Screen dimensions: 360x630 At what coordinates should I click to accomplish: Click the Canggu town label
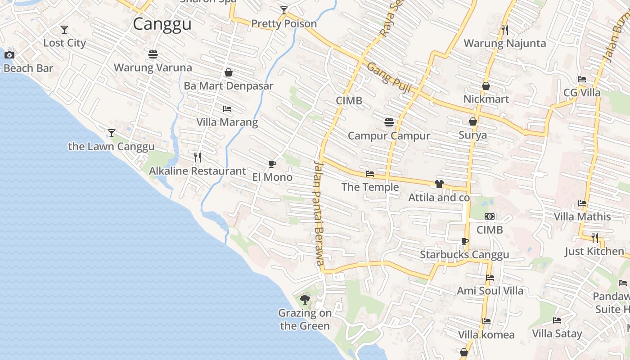coord(162,24)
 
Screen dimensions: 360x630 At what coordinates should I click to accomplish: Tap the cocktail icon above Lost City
coord(64,30)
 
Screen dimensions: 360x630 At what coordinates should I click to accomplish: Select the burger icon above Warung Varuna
coord(153,54)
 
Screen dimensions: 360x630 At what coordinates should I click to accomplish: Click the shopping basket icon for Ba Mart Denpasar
coord(229,72)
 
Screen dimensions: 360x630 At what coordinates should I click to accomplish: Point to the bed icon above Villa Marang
coord(227,109)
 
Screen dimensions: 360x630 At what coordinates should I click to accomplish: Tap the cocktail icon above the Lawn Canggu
coord(112,133)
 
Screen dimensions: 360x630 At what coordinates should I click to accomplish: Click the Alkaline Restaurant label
coord(198,171)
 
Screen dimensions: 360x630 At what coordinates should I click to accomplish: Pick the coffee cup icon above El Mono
coord(272,164)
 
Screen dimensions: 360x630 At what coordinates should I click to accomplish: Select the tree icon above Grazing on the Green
coord(305,299)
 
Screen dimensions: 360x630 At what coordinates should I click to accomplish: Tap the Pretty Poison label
coord(284,23)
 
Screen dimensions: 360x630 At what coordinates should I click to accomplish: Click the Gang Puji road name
coord(390,78)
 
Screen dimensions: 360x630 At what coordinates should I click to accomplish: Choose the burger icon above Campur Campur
coord(389,122)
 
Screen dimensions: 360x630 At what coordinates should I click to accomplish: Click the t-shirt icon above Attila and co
coord(439,184)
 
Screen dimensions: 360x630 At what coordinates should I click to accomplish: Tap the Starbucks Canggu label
coord(464,255)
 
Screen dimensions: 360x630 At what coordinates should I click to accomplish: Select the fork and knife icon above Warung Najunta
coord(505,30)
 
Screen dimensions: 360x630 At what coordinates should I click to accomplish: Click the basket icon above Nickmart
coord(486,86)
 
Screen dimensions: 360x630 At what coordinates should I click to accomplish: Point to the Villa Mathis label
coord(582,216)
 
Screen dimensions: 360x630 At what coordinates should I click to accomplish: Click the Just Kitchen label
coord(594,251)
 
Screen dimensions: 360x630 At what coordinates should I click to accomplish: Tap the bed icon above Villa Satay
coord(557,320)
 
